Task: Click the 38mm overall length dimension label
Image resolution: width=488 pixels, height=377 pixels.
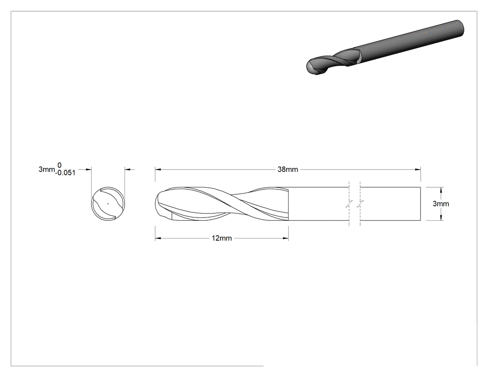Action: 288,169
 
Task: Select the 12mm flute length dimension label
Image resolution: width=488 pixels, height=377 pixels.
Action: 222,238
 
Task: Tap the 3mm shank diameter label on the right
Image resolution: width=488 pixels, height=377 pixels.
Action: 441,204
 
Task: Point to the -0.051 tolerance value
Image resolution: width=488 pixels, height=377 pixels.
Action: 66,173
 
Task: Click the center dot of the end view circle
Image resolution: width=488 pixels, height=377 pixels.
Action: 108,204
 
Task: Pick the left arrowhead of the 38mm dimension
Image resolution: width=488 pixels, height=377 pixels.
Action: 158,169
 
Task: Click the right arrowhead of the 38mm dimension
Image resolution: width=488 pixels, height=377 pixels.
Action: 418,169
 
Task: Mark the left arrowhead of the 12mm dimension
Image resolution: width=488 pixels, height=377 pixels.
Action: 158,238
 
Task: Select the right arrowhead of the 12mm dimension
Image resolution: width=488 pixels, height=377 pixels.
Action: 286,238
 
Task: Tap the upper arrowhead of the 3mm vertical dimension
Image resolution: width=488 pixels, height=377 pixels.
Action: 441,190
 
